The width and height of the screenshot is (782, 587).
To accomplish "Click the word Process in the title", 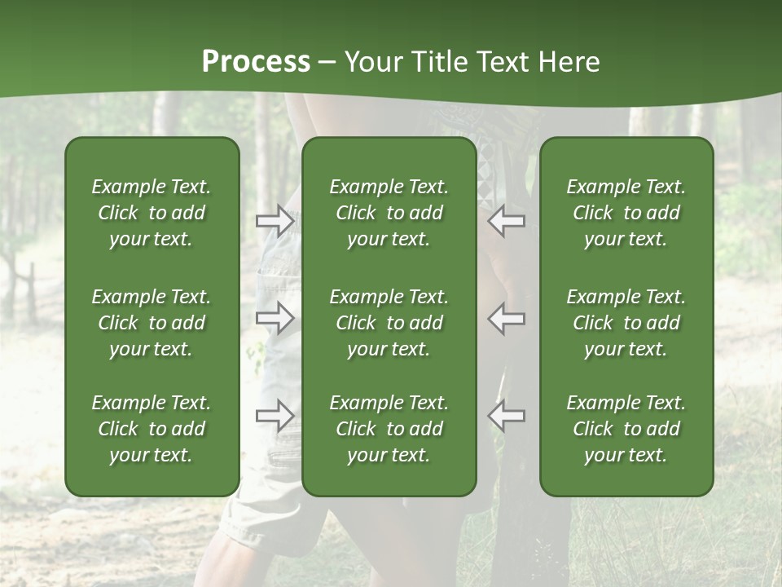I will (x=256, y=62).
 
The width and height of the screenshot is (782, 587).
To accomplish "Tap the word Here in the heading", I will (x=567, y=62).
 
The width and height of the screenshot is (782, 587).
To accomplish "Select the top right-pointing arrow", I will (x=275, y=221).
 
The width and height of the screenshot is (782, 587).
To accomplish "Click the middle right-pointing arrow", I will (x=275, y=318).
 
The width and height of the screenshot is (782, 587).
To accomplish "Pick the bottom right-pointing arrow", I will (x=275, y=416).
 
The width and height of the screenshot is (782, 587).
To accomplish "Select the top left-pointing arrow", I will (x=507, y=221).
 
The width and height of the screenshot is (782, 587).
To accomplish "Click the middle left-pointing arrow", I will (x=507, y=318).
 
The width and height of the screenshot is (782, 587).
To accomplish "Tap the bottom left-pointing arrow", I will (x=507, y=416).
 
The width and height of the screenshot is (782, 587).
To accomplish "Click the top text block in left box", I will (x=152, y=213).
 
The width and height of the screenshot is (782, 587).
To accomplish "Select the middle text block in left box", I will (x=152, y=323).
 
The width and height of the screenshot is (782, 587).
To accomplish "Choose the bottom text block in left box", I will (x=152, y=429).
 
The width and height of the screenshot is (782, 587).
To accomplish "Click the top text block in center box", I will (x=389, y=213).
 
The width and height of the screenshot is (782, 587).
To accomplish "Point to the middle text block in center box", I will (x=389, y=323).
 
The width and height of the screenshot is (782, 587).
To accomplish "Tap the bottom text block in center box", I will (x=389, y=429).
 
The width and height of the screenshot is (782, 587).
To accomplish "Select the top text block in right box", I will (x=626, y=213).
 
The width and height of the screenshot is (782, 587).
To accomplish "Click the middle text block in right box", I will (x=626, y=323).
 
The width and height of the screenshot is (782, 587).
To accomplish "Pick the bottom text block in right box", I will (x=626, y=429).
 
